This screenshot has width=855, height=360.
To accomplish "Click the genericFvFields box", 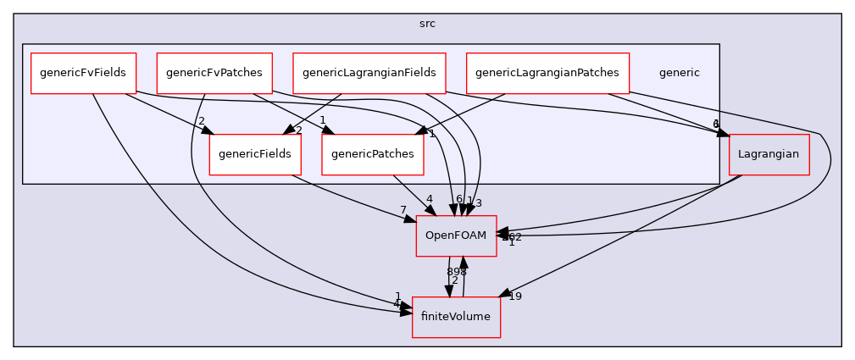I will point(83,73).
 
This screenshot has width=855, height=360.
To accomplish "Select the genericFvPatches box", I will point(214,73).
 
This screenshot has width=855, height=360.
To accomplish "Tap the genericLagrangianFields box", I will point(369,73).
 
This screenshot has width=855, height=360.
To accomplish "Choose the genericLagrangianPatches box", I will point(547,73).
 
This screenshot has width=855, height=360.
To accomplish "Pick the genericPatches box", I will point(373,154).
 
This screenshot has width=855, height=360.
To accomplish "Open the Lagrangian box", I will point(769,154).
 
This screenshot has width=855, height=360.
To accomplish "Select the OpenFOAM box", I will point(456,235).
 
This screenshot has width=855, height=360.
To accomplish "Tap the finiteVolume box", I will point(456,317).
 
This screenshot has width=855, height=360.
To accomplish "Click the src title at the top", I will point(427,24).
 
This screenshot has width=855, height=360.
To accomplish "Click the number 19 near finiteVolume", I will point(514,296).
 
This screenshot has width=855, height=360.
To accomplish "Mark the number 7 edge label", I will point(403,210).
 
